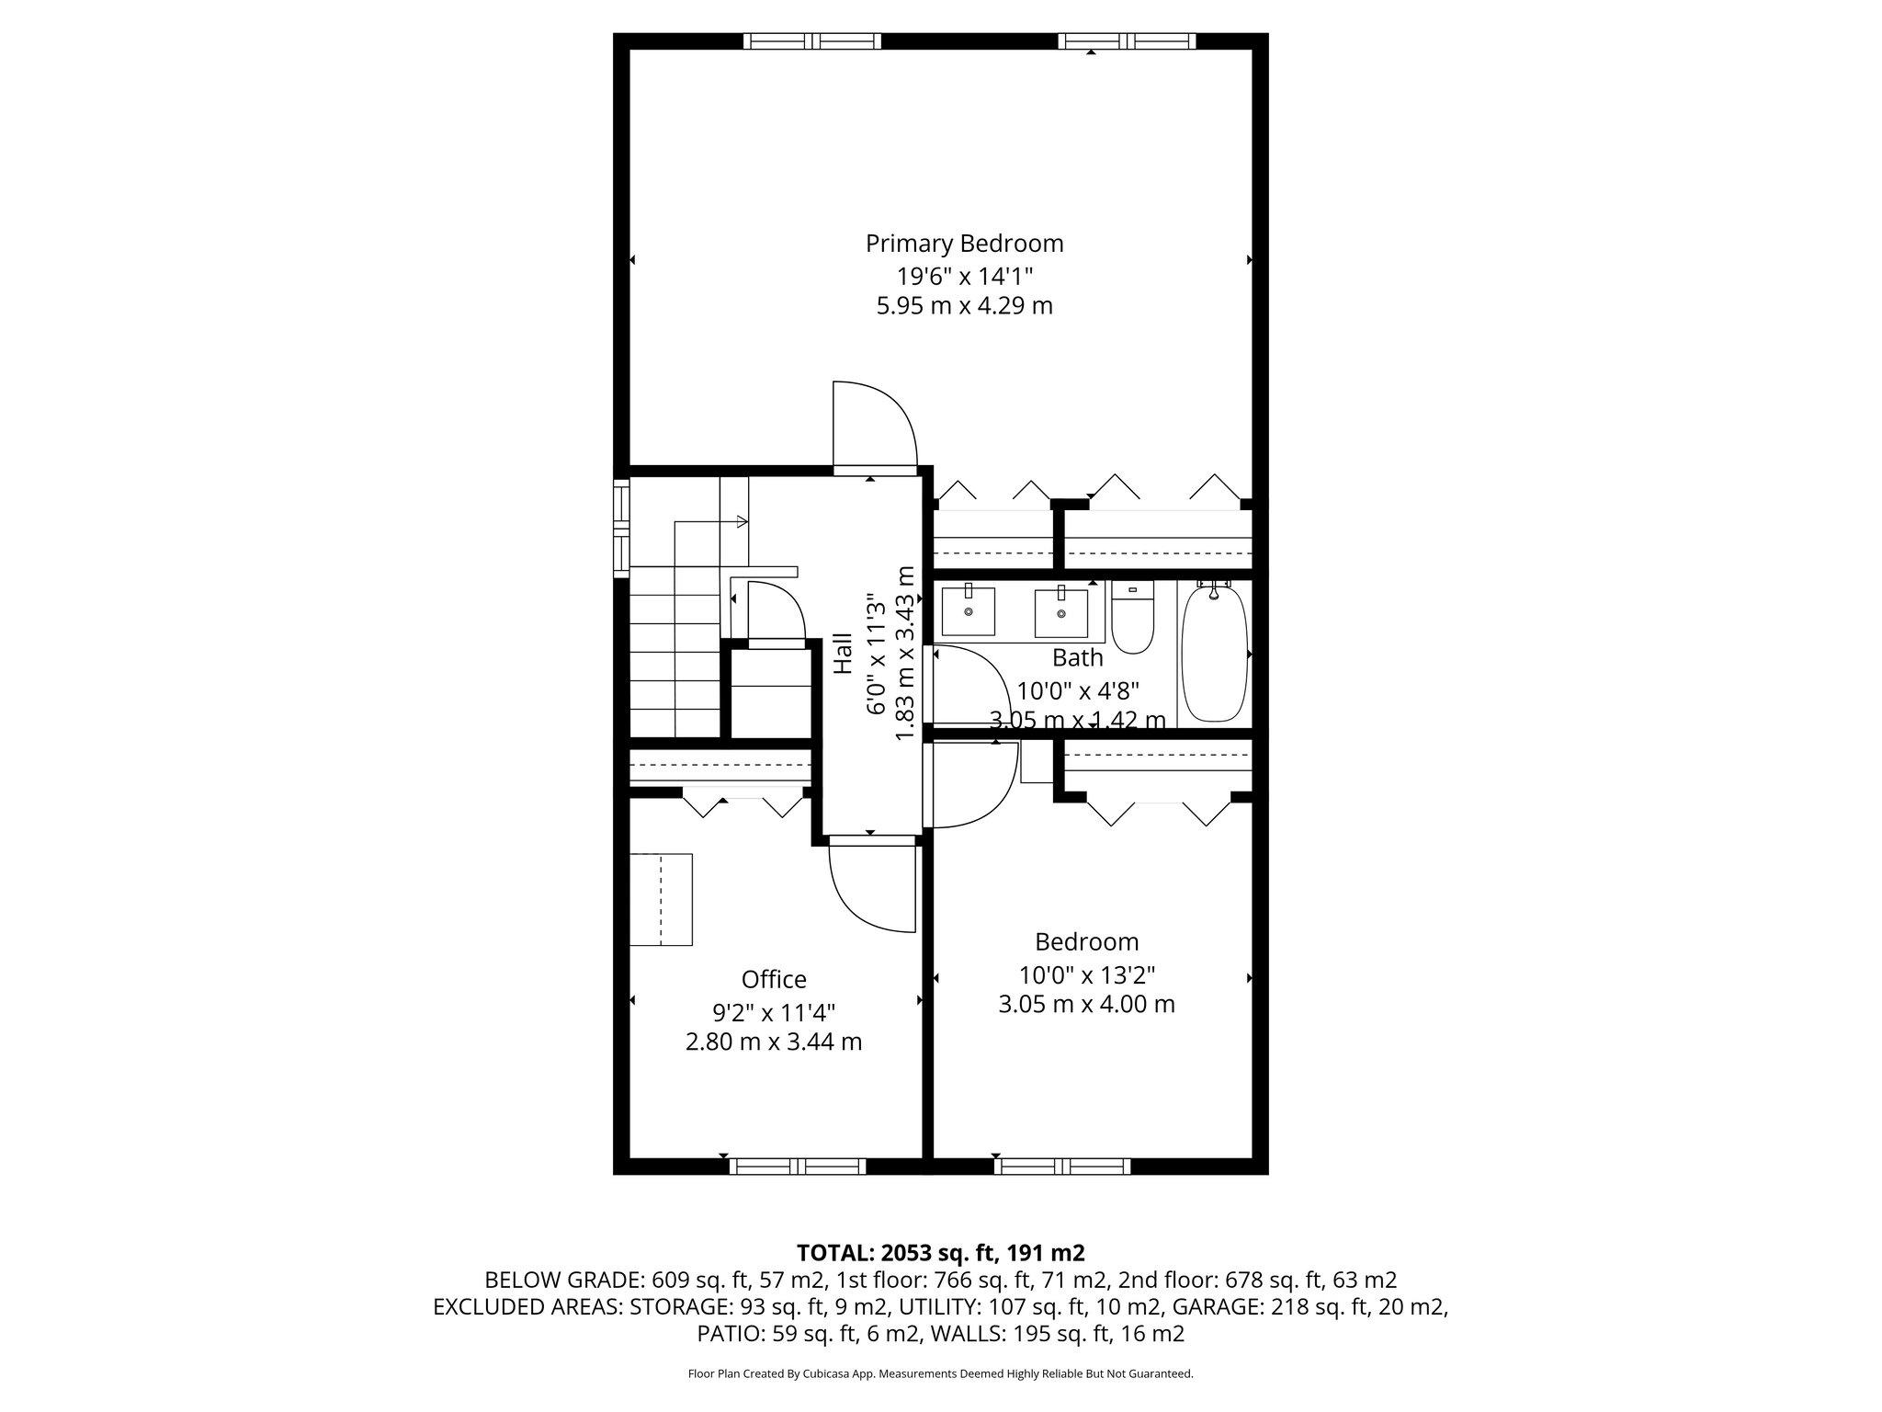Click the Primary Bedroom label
coord(964,244)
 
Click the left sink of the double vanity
coord(968,611)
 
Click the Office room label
coord(774,979)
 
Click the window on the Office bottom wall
coord(798,1167)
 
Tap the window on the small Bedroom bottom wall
coord(1062,1167)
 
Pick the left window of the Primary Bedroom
coord(811,40)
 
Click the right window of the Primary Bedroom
coord(1127,40)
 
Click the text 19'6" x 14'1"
coord(965,275)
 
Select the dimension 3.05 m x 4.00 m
coord(1086,1005)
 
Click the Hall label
coord(843,658)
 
